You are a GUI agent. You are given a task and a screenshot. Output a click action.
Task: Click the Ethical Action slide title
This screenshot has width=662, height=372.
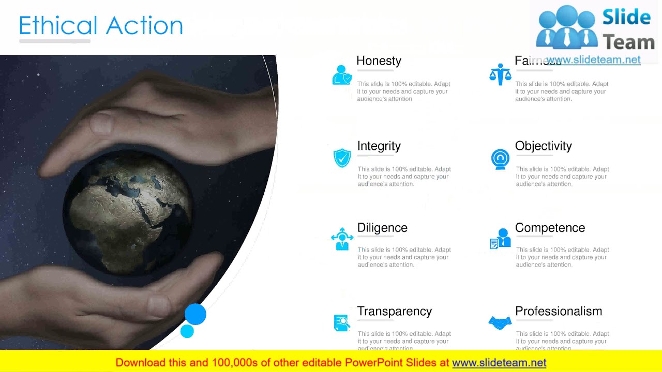coord(101,26)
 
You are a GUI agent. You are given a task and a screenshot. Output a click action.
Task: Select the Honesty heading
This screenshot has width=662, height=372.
coord(379,61)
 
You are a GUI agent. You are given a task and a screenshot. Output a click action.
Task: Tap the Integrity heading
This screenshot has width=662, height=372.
coord(379,146)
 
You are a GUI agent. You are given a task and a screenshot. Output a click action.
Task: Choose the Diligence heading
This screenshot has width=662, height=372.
coord(382,228)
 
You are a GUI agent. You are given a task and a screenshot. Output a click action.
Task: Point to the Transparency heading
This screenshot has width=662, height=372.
coord(394,311)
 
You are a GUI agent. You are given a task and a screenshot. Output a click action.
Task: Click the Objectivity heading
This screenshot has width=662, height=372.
coord(543,146)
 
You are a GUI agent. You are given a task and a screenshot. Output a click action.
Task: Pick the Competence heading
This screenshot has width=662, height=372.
coord(550,228)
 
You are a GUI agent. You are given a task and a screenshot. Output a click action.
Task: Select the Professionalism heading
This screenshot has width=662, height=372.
coord(559,311)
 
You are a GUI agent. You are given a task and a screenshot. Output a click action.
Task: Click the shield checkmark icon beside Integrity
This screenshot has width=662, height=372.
coord(342,158)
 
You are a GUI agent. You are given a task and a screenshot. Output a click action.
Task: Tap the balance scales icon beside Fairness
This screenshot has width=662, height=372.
coord(500,75)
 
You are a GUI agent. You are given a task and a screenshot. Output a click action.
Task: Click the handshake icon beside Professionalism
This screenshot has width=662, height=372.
coord(500,323)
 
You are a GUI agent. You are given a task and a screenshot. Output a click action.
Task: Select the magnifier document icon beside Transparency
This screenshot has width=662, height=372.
coord(342,323)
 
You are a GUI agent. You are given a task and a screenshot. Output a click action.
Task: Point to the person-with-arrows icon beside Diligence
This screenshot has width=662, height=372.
coord(342,239)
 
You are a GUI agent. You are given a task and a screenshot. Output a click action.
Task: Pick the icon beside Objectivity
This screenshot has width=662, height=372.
coord(500,159)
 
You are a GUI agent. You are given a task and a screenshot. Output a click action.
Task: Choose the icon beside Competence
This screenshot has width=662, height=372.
coord(500,239)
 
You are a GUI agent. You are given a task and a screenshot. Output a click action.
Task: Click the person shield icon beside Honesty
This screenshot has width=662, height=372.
coord(342,75)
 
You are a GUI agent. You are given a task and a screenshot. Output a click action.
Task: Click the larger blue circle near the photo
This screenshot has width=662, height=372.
coord(195,314)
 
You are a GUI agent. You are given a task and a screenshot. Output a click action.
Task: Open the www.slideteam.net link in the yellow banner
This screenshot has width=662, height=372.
coord(499,363)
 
